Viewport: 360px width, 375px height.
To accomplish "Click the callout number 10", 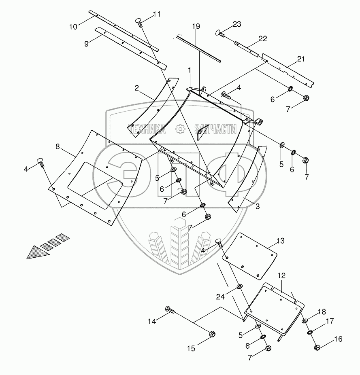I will point(73,27).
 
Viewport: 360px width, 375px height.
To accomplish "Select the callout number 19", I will point(196,27).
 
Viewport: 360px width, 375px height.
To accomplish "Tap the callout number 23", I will point(237,24).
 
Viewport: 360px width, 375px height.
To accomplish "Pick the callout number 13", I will point(280,241).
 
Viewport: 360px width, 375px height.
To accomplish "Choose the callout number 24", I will point(220,297).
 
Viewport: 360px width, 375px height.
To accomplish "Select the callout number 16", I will point(338,339).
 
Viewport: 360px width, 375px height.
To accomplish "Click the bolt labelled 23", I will point(219,32).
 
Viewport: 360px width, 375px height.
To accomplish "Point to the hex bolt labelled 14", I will point(169,310).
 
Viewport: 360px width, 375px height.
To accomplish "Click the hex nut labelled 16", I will point(317,347).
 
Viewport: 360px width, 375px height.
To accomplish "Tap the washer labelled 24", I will point(239,287).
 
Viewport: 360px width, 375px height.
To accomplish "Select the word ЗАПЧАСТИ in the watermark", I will point(215,129).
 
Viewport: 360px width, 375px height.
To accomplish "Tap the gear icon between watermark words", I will point(180,129).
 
